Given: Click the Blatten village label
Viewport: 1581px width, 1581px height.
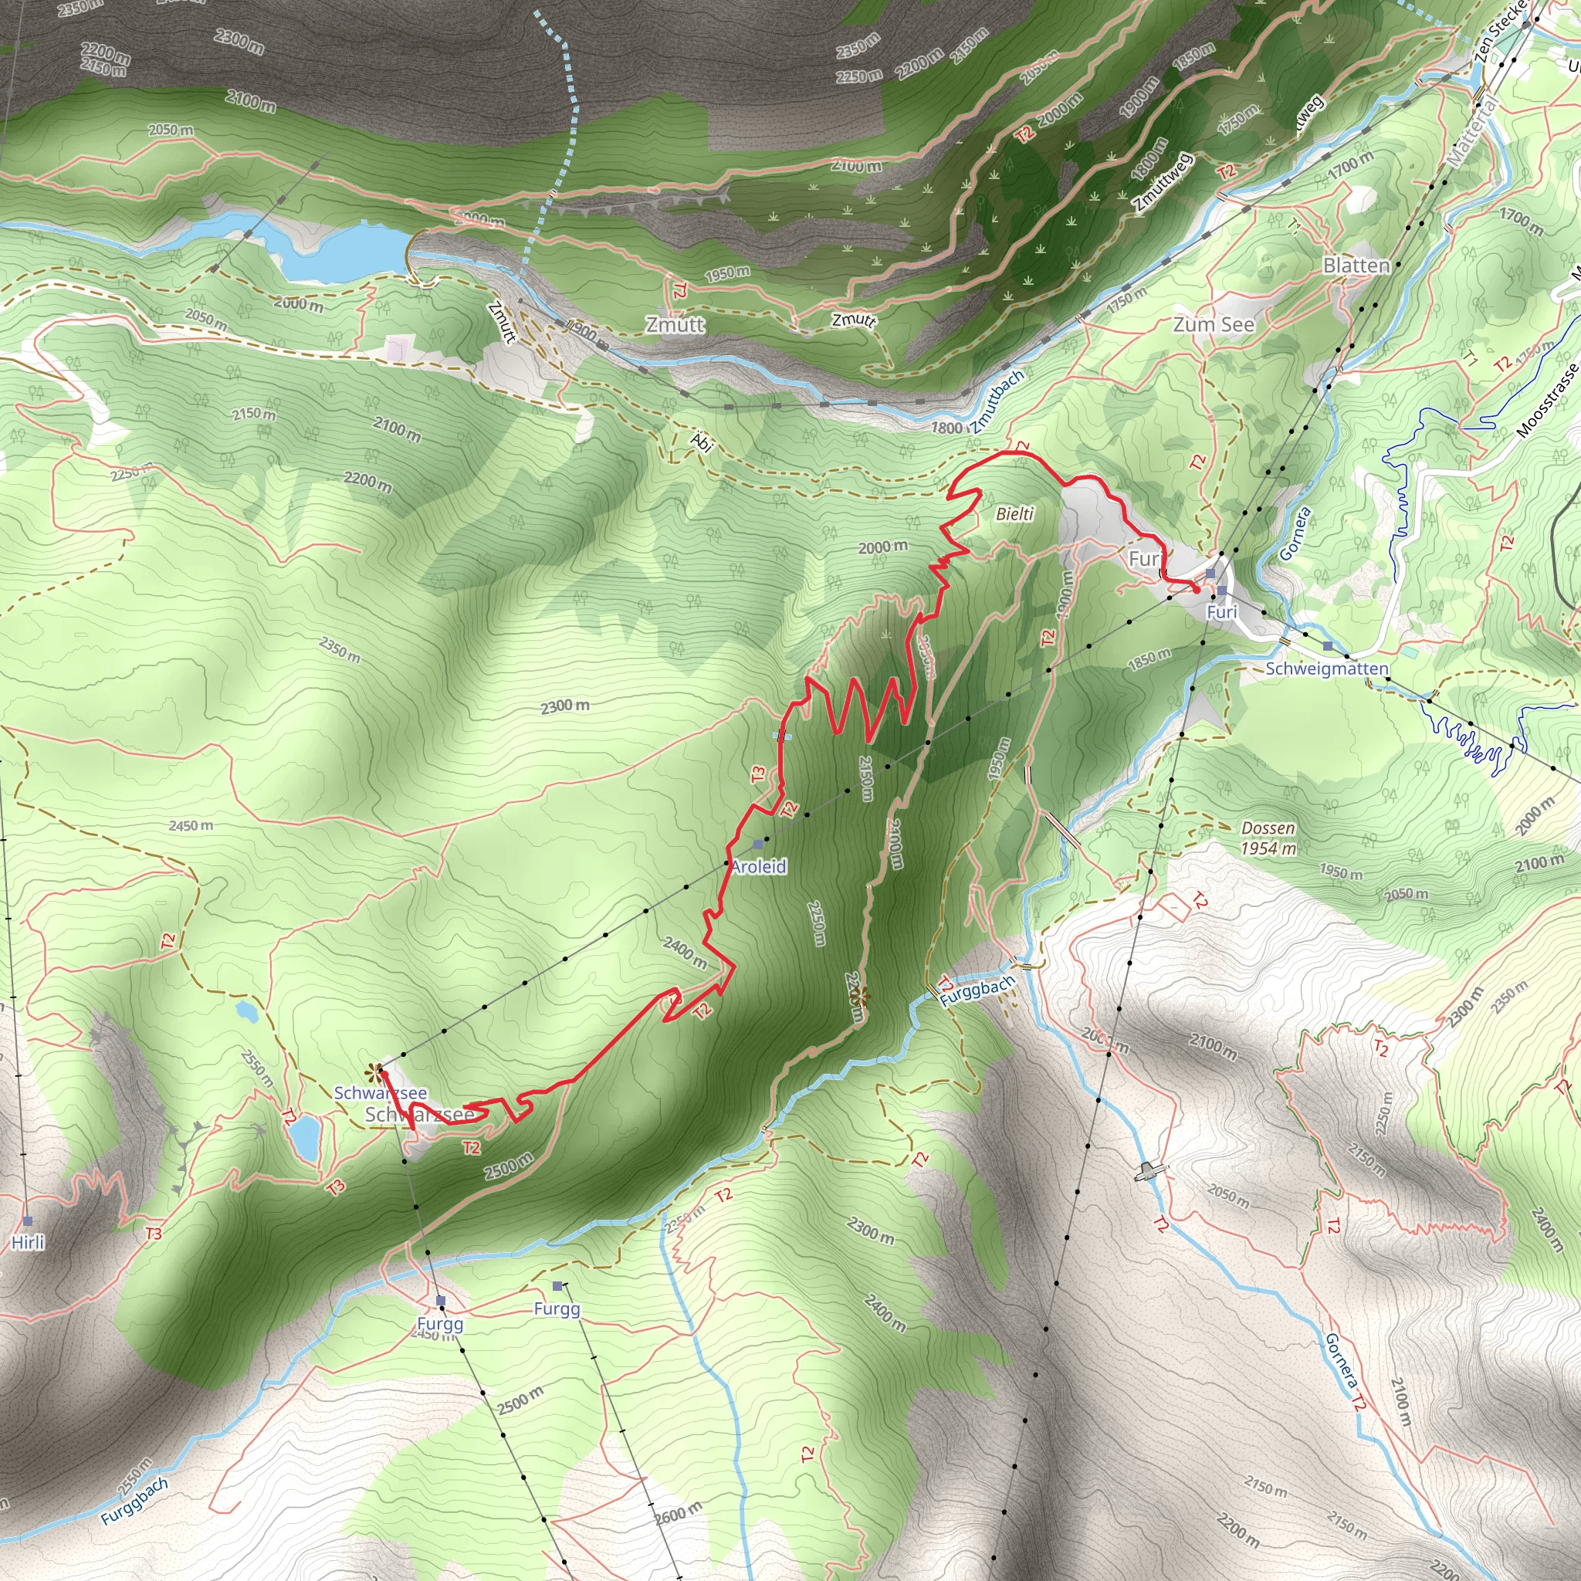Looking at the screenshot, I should click(x=1356, y=266).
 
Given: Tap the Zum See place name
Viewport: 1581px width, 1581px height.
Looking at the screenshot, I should click(x=1213, y=325).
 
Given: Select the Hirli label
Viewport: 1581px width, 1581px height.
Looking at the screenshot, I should click(x=28, y=1243).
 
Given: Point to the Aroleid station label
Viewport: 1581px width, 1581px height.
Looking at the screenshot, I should click(x=759, y=867).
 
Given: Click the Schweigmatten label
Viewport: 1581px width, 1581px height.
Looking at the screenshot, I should click(x=1326, y=669).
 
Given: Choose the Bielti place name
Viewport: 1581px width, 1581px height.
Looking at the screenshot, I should click(x=1014, y=514).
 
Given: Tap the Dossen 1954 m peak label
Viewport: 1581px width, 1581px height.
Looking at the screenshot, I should click(x=1268, y=838).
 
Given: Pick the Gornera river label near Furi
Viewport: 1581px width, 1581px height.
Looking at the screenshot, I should click(x=1295, y=533).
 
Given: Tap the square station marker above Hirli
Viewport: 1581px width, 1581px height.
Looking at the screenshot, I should click(x=28, y=1221).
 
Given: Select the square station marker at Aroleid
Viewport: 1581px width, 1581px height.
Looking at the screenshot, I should click(x=758, y=844).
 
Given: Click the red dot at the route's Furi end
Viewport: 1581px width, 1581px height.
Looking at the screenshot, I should click(x=1197, y=589).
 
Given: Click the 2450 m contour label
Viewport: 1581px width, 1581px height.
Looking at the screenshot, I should click(x=191, y=826).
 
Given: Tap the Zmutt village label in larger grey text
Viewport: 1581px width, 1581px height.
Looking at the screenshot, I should click(x=675, y=325).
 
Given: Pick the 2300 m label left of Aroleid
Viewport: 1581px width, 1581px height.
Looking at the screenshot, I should click(x=564, y=706).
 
